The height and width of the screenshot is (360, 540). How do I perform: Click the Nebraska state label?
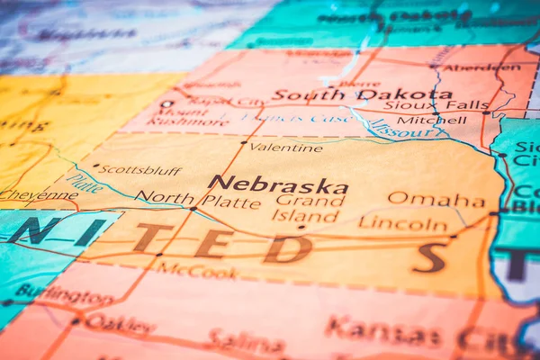pos(277,184)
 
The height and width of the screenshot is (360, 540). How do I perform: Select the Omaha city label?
pos(436,199)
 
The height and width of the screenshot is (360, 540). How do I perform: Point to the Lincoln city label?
pos(402,222)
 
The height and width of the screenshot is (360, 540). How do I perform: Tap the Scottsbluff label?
pos(139,169)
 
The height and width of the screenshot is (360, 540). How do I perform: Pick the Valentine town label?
pos(285,147)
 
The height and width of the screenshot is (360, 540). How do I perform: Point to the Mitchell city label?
pos(419,120)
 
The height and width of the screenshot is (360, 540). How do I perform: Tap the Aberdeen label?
pos(469,67)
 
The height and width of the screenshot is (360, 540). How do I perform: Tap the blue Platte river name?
pos(85,184)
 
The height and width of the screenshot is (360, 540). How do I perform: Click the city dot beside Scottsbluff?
pos(95,166)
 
